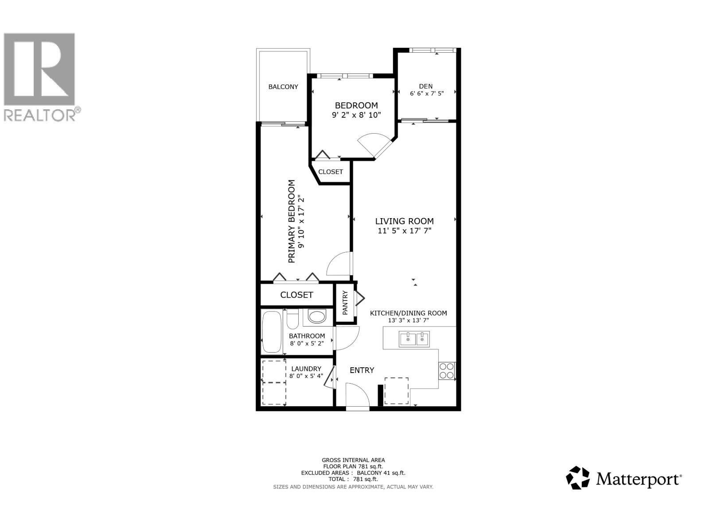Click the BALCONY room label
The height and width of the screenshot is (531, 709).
(x=283, y=87)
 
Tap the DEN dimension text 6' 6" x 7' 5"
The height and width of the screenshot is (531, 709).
(x=426, y=93)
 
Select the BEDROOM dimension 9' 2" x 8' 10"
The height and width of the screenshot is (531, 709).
(x=356, y=115)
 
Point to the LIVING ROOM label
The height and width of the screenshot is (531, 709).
(x=404, y=221)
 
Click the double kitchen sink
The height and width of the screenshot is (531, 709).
(x=414, y=339)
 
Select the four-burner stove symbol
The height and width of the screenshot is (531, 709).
(x=447, y=370)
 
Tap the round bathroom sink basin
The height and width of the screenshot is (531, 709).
(x=316, y=316)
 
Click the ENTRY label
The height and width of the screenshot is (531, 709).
(x=362, y=370)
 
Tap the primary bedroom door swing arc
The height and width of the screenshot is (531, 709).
(x=339, y=265)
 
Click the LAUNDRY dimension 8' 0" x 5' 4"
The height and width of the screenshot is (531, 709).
(x=306, y=376)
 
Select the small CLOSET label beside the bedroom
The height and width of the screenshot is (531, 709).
(x=331, y=172)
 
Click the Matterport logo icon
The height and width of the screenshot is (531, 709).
(x=578, y=478)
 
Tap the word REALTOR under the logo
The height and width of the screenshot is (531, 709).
(x=40, y=115)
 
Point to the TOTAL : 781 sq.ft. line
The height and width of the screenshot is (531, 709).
(x=353, y=479)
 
